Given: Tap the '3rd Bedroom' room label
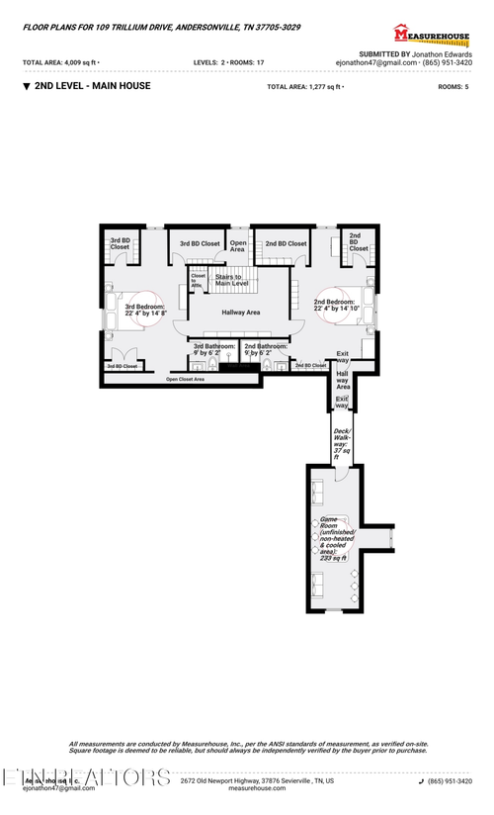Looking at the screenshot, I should click(x=145, y=310).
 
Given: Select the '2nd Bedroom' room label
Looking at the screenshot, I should click(x=334, y=305).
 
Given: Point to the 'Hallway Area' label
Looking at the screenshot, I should click(x=240, y=313).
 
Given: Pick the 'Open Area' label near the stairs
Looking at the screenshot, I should click(x=237, y=246).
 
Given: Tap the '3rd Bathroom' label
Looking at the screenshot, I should click(x=214, y=349).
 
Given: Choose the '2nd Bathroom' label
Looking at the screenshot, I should click(x=266, y=349).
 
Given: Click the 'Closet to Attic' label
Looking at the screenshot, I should click(x=198, y=280).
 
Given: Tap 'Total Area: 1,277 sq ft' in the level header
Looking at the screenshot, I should click(x=305, y=87).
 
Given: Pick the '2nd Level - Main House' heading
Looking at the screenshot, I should click(x=92, y=87).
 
